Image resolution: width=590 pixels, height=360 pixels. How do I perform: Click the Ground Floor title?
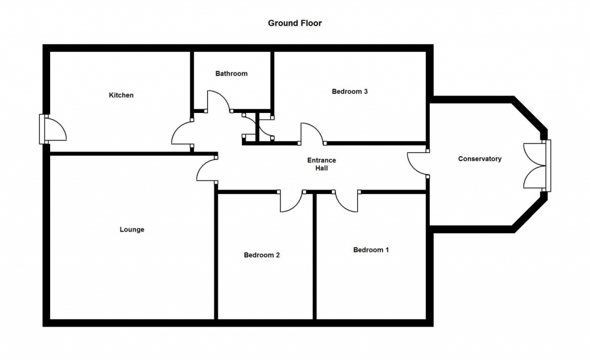point(294,23)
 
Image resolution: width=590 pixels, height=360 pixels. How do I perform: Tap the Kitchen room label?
point(121,95)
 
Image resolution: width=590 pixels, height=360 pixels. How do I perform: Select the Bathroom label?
point(232,74)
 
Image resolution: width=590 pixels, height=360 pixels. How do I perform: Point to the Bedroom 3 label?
point(350,92)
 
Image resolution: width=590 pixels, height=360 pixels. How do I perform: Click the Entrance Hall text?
point(322,164)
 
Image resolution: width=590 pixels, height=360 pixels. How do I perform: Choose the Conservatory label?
point(480,159)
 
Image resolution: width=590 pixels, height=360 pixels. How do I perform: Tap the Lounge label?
point(132,229)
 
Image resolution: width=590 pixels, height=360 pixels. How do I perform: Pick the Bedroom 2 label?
point(262,255)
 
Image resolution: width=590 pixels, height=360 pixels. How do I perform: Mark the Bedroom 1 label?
point(371,250)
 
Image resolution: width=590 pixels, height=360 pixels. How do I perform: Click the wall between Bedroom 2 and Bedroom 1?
point(315,256)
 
